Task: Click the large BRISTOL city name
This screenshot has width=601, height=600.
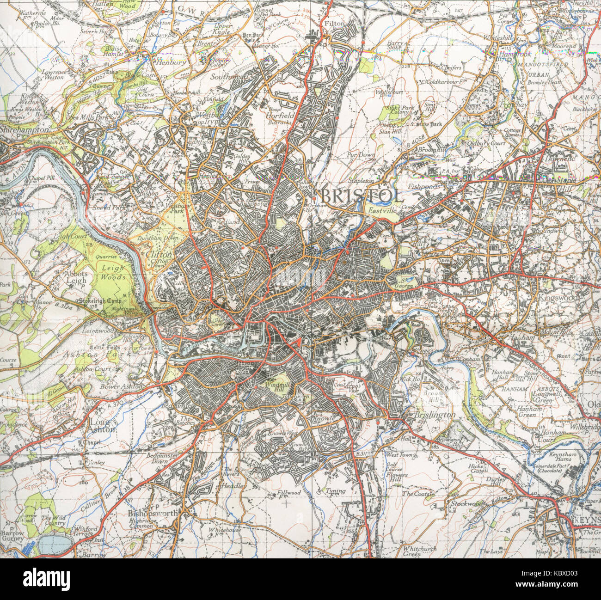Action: (x=361, y=196)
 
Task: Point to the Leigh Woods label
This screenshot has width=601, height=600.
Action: (x=113, y=273)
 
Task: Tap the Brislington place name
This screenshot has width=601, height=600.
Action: (x=435, y=415)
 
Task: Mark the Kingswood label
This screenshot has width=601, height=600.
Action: (x=558, y=298)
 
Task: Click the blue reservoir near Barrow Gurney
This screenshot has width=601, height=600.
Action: (x=55, y=545)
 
